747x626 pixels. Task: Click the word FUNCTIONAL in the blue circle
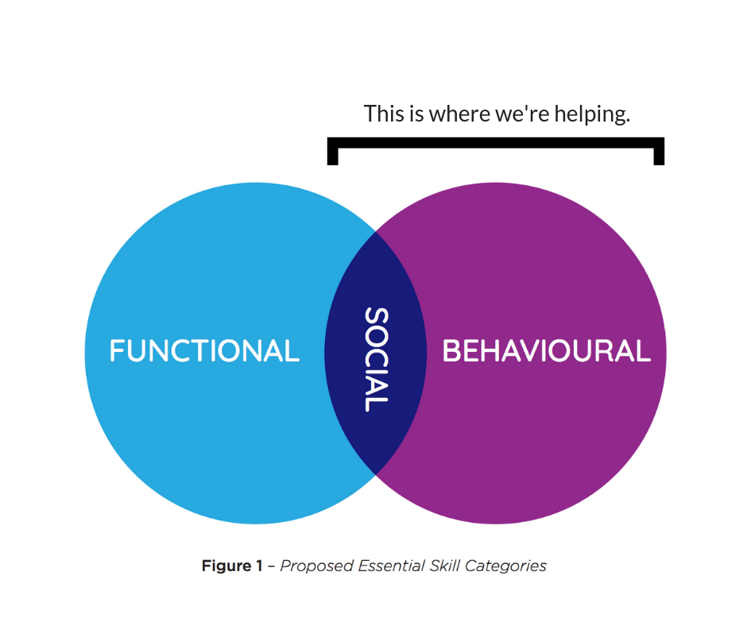[x=204, y=351]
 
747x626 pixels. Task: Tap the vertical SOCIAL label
[x=376, y=360]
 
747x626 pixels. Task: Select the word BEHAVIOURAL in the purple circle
[x=546, y=351]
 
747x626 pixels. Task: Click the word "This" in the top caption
[x=383, y=114]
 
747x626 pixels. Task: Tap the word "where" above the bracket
[x=459, y=114]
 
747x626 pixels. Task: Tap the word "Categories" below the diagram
[x=505, y=566]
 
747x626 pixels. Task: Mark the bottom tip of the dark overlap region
[x=375, y=474]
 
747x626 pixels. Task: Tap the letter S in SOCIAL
[x=376, y=319]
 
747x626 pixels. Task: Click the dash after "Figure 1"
[x=271, y=566]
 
